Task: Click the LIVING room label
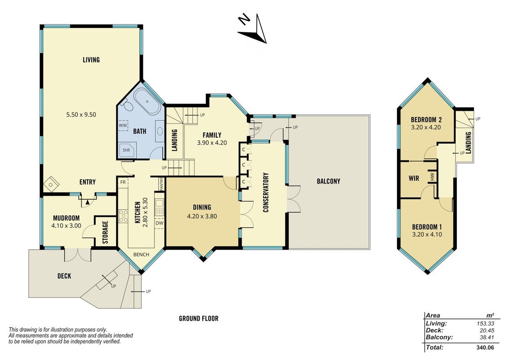point(91,60)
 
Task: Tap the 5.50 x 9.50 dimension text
point(81,114)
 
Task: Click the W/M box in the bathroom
point(123,126)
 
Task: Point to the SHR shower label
point(126,150)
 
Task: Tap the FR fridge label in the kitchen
point(123,182)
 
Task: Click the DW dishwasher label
point(159,223)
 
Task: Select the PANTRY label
point(161,184)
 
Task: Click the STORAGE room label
point(105,232)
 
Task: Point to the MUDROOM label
point(66,218)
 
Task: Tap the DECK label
point(64,276)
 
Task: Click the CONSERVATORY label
point(266,192)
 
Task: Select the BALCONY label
point(329,181)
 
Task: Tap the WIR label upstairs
point(414,178)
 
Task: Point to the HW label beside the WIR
point(432,176)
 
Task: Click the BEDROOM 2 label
point(426,120)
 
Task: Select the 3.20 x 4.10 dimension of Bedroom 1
point(427,234)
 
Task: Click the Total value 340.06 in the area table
point(485,347)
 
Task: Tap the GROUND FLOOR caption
point(199,319)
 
